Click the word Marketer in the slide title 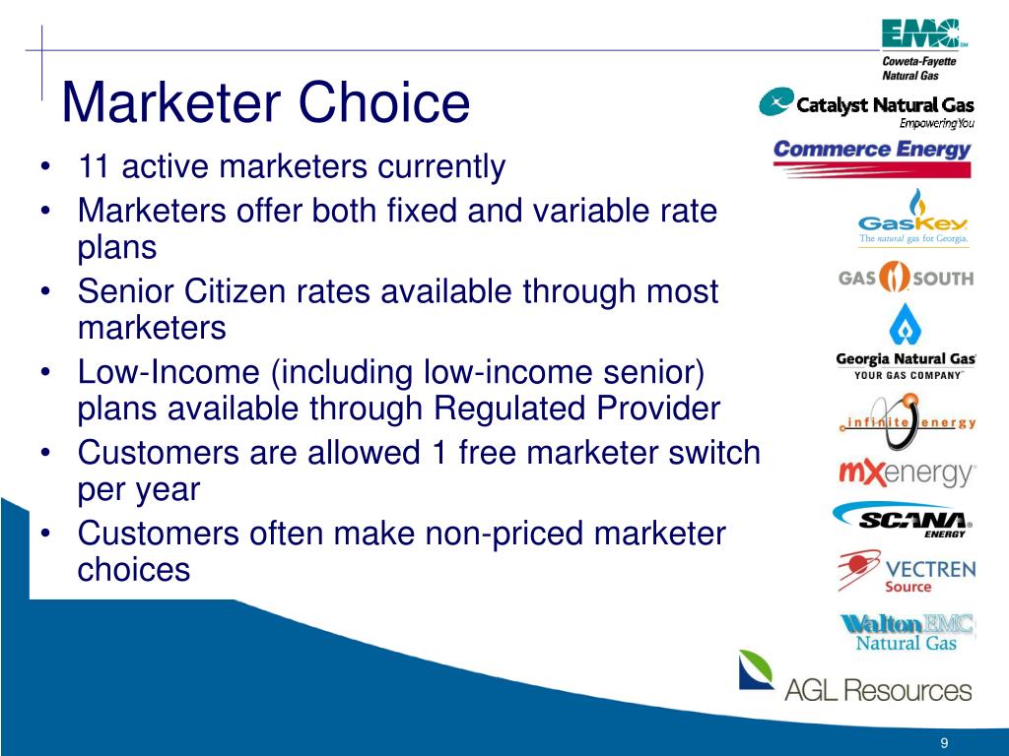click(x=171, y=101)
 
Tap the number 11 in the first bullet click(x=93, y=166)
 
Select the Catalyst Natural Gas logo click(x=866, y=107)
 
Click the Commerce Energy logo click(x=872, y=157)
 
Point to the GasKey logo click(x=913, y=218)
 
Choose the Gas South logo click(x=907, y=277)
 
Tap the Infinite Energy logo click(x=908, y=421)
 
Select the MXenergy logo click(x=907, y=473)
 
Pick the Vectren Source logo click(x=907, y=571)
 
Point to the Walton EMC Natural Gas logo click(x=907, y=633)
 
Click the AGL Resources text click(x=878, y=690)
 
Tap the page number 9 click(x=944, y=743)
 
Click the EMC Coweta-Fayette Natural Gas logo click(x=923, y=50)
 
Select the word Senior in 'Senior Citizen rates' click(x=126, y=291)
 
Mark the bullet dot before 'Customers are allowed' click(x=44, y=453)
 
